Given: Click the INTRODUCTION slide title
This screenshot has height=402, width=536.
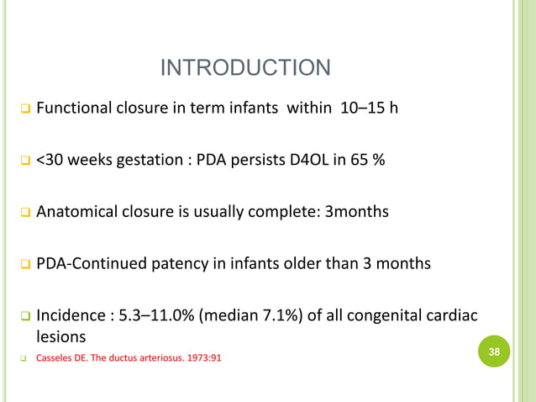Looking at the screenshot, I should click(245, 67).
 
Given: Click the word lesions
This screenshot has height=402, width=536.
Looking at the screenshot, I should click(60, 336).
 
